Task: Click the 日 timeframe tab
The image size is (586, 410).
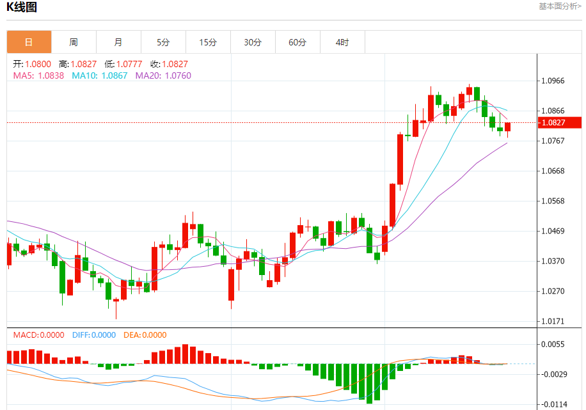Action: [29, 42]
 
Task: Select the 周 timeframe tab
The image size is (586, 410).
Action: [74, 42]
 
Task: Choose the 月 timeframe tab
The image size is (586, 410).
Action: [118, 42]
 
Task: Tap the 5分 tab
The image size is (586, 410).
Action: [163, 42]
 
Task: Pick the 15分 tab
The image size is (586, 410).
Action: [208, 42]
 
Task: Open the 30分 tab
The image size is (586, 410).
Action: [253, 42]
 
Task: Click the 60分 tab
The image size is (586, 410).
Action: [297, 42]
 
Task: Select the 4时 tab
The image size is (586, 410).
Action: [342, 42]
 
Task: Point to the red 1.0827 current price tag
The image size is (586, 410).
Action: [558, 122]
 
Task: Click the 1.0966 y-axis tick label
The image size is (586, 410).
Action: [553, 81]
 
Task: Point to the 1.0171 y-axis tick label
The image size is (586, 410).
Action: [553, 321]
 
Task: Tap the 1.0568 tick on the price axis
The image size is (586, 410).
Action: [553, 201]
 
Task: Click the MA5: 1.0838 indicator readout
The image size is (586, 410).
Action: [39, 75]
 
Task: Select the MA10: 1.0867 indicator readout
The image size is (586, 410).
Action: [99, 75]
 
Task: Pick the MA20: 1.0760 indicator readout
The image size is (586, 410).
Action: [163, 75]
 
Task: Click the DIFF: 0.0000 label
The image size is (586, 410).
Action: [93, 335]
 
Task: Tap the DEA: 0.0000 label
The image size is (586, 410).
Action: [145, 335]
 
